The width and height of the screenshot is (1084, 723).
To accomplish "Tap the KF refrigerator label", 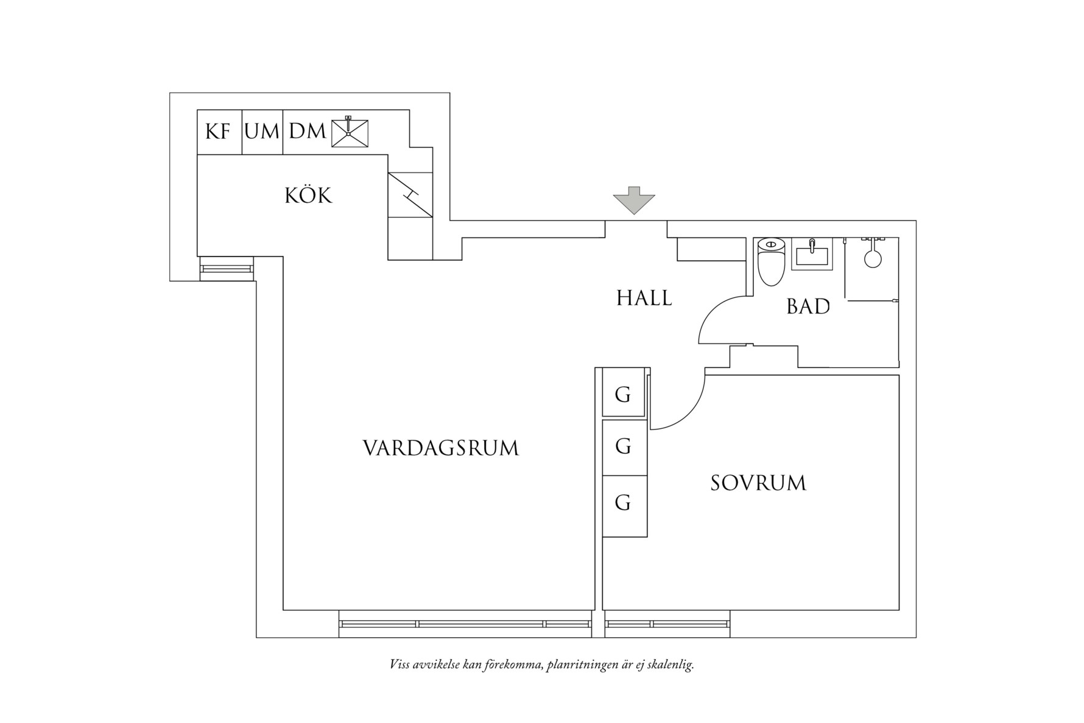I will [x=218, y=132].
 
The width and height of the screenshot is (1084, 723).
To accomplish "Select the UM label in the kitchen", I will [x=262, y=132].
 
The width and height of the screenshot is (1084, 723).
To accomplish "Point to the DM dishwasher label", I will [x=307, y=132].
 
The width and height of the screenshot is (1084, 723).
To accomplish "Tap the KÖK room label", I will [x=309, y=196].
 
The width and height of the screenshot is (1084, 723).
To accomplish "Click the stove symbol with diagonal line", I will [x=410, y=194].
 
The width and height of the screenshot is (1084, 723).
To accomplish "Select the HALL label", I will [x=644, y=298].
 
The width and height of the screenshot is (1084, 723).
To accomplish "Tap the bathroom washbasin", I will [x=811, y=255].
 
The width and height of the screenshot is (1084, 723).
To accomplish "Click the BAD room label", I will [x=808, y=307].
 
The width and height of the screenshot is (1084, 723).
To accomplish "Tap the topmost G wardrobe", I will [x=623, y=395].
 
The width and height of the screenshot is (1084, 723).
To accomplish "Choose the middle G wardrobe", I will [x=623, y=447].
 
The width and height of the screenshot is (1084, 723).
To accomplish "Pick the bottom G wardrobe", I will [x=623, y=503].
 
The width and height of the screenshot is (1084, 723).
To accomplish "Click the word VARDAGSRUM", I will [x=441, y=449].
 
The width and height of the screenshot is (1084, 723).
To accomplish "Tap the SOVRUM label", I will [x=758, y=484].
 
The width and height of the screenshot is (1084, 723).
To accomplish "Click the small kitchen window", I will [x=226, y=268].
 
